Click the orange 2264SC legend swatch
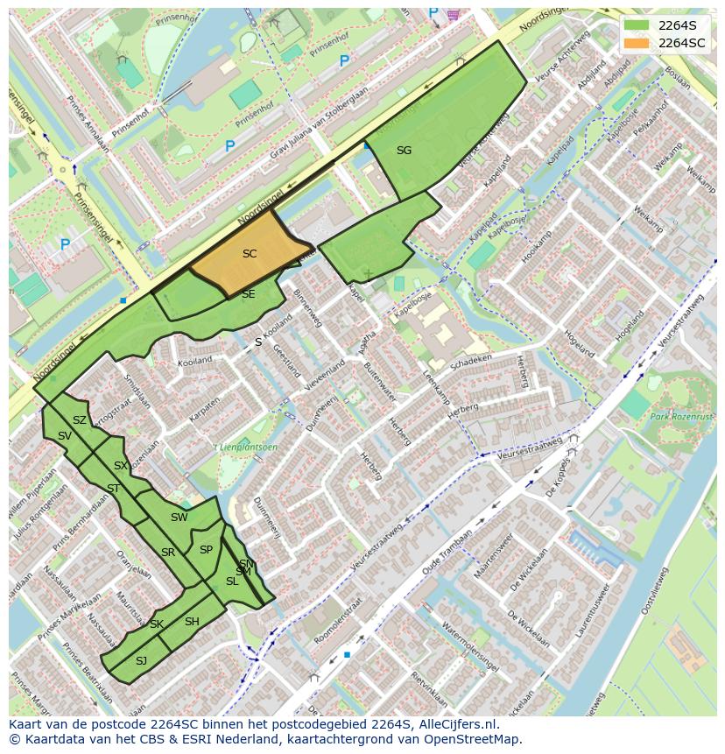638,43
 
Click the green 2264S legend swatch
638,25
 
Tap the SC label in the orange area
250,254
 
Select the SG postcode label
404,151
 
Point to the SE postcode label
248,294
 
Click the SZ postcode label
80,420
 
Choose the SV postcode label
65,436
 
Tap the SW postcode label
179,518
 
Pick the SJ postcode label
141,660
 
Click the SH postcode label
192,622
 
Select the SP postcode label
206,550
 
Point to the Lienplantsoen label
248,447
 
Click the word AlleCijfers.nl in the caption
458,724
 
